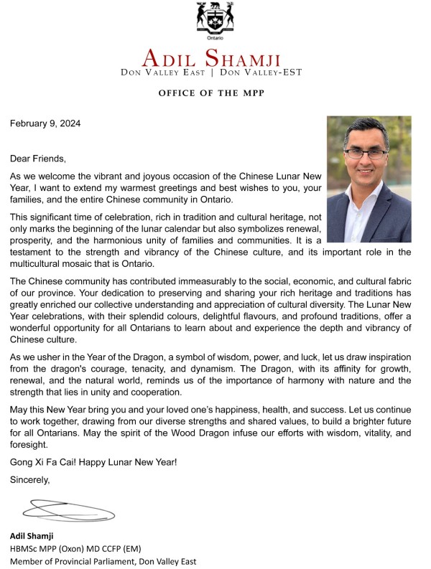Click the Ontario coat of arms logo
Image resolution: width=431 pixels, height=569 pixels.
[x=215, y=17]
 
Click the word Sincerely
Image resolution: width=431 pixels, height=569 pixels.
[x=29, y=480]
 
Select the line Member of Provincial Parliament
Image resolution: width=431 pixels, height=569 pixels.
[x=103, y=562]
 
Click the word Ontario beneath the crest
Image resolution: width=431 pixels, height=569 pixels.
[x=215, y=37]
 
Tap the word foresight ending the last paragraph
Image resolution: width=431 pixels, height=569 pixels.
[x=28, y=444]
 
